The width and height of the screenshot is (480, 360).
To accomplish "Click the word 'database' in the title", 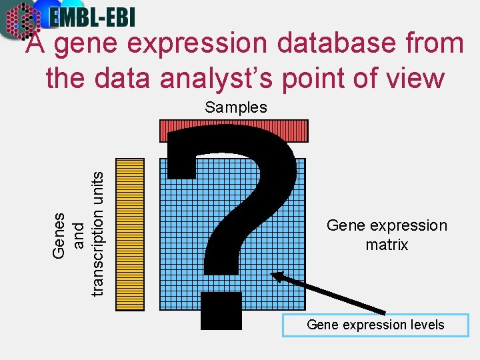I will [x=329, y=44].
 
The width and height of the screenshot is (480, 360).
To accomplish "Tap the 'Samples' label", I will [x=235, y=107].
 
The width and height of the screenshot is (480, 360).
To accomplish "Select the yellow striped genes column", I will [x=130, y=234].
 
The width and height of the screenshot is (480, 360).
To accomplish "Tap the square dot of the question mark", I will [x=221, y=311].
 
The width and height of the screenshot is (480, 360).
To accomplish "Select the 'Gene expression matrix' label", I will [x=387, y=235].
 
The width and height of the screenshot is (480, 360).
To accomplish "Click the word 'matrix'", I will [x=387, y=245].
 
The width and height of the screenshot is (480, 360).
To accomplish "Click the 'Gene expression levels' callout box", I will [x=375, y=325].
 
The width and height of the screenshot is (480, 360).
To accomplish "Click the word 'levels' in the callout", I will [x=427, y=325].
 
